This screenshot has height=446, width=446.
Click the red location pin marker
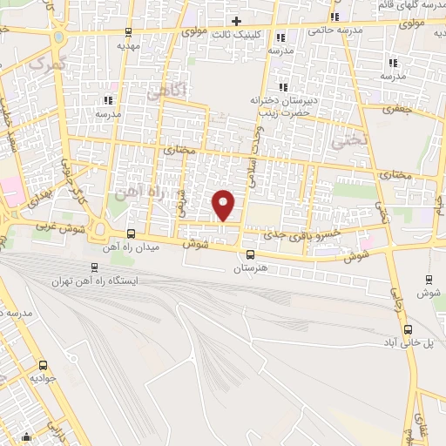tap(225, 205)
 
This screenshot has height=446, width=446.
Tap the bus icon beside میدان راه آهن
tap(131, 233)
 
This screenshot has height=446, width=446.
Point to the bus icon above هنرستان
tap(251, 254)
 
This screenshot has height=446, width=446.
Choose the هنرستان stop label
tap(251, 268)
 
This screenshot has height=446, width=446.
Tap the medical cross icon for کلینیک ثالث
tap(236, 20)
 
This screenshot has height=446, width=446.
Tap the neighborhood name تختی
tap(354, 136)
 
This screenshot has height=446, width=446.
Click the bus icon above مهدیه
tap(130, 34)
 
